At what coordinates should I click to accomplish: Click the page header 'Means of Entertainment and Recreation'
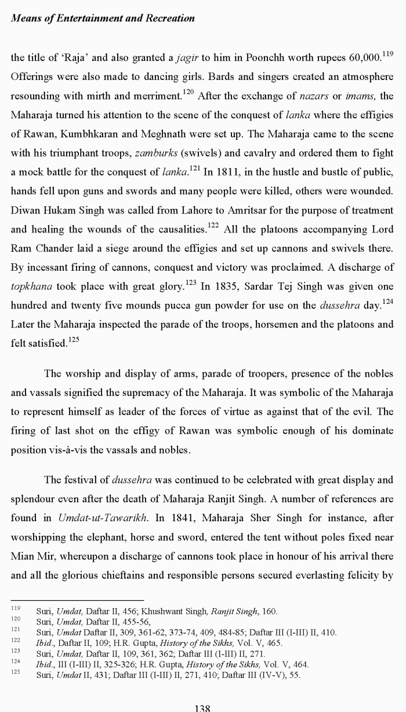click(x=103, y=18)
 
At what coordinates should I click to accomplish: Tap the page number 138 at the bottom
click(x=202, y=707)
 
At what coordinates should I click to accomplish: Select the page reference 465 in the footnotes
click(x=274, y=643)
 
